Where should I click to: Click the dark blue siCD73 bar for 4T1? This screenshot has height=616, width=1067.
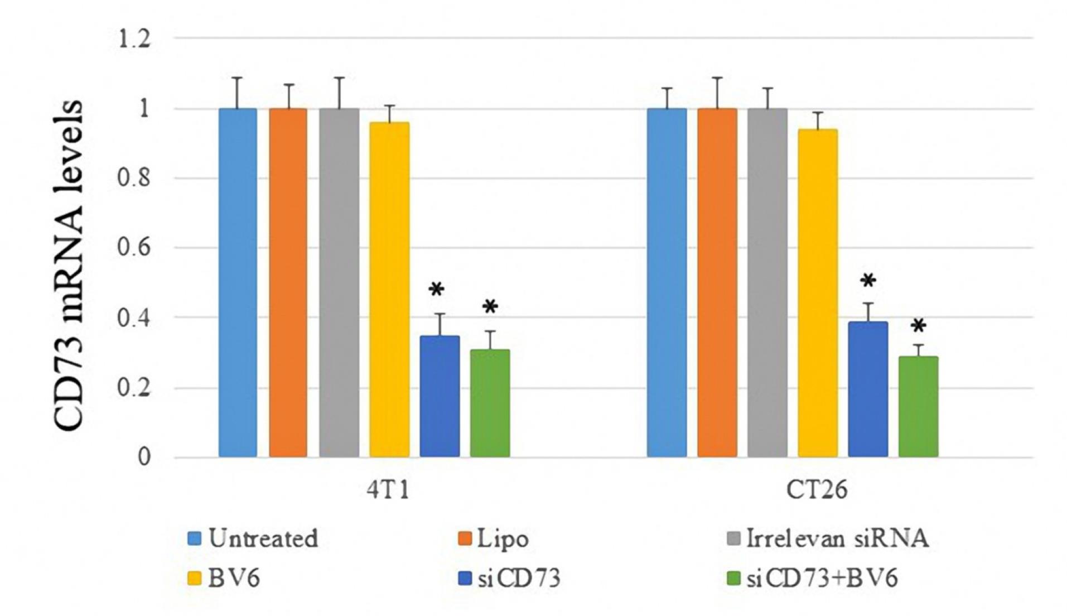(x=440, y=396)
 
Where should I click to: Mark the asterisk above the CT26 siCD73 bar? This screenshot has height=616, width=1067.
(x=868, y=281)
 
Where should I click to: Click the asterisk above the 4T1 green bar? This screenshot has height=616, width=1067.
(x=490, y=307)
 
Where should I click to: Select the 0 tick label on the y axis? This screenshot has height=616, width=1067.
(x=144, y=458)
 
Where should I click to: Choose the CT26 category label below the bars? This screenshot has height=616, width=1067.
(x=817, y=490)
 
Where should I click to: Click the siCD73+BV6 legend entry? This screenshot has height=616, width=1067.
(x=822, y=579)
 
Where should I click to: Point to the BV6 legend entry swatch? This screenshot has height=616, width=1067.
(x=194, y=579)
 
